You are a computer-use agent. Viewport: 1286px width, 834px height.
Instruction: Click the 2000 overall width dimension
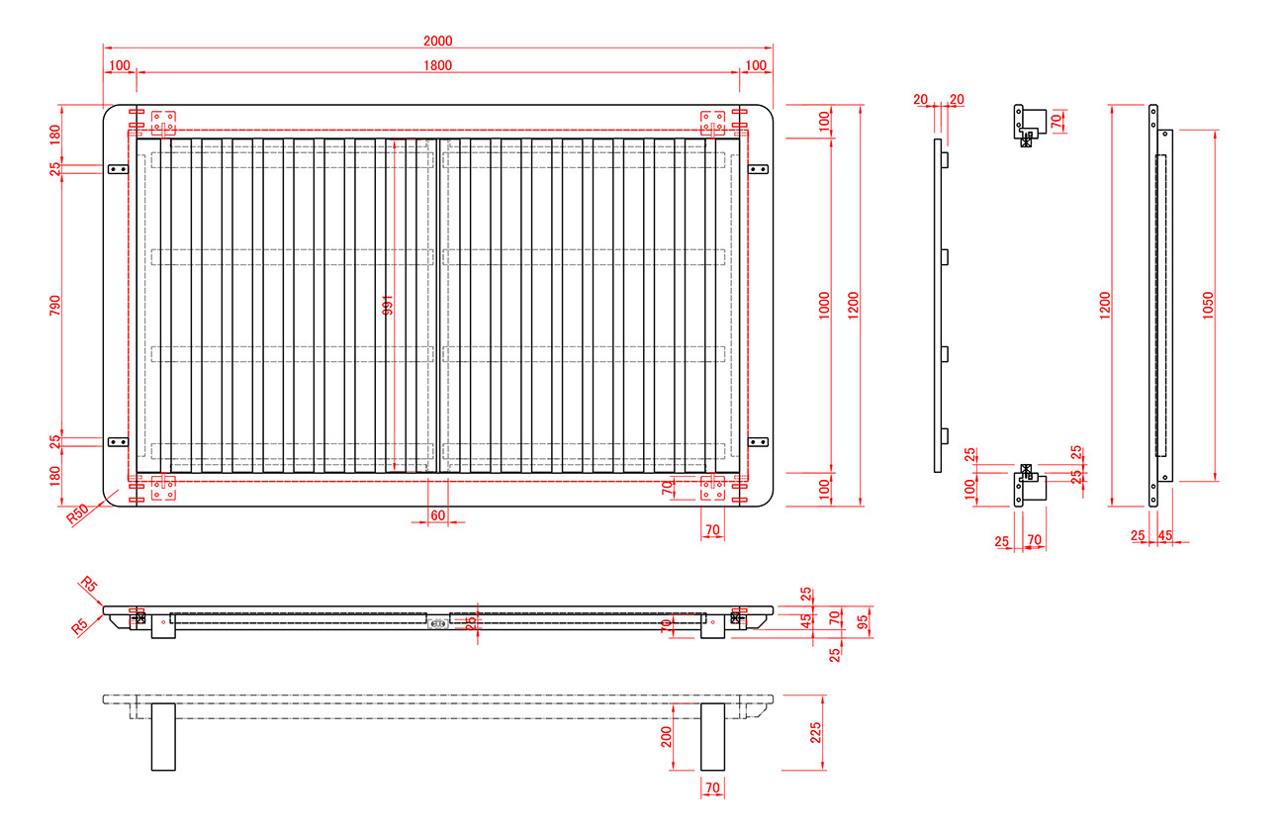click(437, 41)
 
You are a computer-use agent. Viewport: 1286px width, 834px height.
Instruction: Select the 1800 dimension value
click(437, 65)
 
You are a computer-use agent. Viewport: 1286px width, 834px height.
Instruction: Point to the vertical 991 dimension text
click(388, 306)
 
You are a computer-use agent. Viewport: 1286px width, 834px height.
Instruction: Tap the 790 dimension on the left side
click(55, 306)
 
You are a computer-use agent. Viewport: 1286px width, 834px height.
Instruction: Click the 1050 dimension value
click(1208, 306)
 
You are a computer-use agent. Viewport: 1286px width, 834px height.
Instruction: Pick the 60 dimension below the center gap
click(437, 516)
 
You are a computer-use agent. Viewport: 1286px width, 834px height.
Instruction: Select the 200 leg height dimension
click(666, 736)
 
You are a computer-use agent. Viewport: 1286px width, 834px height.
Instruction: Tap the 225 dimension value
click(816, 732)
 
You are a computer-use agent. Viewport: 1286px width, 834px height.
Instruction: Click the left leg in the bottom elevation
click(163, 737)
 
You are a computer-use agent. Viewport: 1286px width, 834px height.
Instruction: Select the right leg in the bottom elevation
click(712, 737)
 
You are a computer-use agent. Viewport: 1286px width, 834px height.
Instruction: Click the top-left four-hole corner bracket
click(163, 122)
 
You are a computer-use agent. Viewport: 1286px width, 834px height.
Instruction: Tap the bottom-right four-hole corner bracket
click(712, 488)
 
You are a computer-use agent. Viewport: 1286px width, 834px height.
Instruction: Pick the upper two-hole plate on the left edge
click(118, 169)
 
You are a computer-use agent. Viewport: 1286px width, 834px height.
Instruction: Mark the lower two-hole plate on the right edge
click(758, 441)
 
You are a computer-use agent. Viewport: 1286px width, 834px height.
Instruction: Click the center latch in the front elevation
click(437, 623)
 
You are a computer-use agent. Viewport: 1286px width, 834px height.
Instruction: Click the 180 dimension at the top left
click(55, 134)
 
